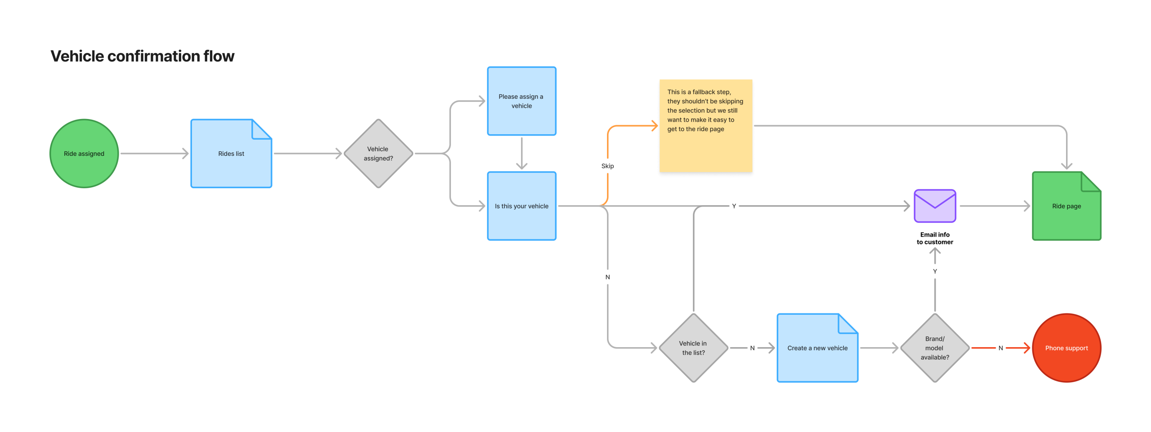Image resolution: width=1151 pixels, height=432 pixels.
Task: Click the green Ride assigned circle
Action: point(84,154)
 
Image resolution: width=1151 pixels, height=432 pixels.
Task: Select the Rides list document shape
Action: point(231,154)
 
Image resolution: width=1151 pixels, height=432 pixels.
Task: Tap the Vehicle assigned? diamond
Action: point(378,154)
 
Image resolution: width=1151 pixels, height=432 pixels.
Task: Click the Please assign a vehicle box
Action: point(522,101)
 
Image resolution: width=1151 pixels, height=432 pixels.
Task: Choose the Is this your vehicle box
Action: point(522,206)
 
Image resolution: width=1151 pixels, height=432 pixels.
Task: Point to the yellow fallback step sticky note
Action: point(706,126)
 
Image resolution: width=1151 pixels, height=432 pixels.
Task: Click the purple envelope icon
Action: point(935,206)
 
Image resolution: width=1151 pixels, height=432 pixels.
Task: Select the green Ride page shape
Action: point(1066,206)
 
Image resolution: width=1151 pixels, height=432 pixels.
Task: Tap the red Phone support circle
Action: point(1066,348)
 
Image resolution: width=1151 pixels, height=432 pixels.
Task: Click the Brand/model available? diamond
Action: point(935,348)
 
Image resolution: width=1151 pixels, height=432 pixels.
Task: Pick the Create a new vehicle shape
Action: point(817,348)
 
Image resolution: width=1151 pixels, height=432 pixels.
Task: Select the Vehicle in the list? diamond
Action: point(693,348)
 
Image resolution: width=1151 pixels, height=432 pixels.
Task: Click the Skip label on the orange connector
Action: point(607,166)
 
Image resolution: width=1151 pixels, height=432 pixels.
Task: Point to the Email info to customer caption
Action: point(935,238)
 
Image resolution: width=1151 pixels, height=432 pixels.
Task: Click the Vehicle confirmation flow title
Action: point(143,56)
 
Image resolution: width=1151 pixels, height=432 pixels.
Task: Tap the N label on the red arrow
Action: point(1001,348)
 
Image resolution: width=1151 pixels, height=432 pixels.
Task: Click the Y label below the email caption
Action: point(935,272)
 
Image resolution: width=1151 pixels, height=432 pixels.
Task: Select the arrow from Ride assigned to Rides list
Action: point(154,154)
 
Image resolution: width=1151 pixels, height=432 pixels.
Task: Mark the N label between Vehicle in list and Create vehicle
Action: point(752,348)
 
